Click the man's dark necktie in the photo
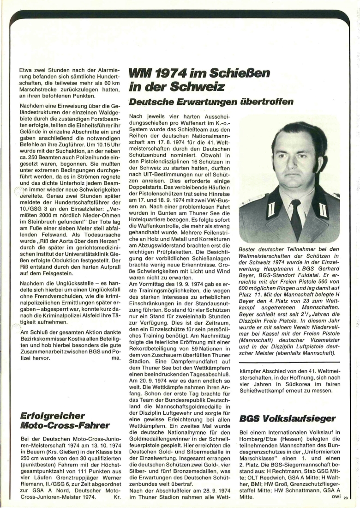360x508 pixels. pyautogui.click(x=296, y=217)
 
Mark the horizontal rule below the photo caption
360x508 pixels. pyautogui.click(x=289, y=362)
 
